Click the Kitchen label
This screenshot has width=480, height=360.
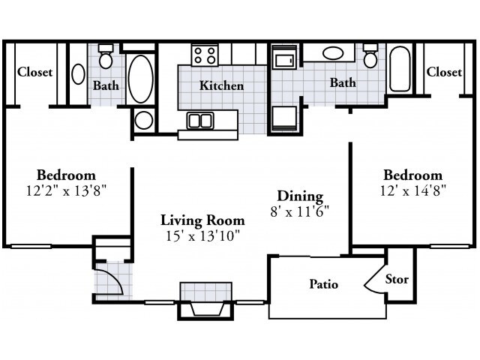(x=222, y=85)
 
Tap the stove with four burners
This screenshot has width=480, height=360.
(x=205, y=55)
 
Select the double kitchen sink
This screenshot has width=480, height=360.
(x=200, y=120)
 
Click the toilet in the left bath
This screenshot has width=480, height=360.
(x=106, y=56)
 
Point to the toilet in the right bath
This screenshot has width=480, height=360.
(x=370, y=55)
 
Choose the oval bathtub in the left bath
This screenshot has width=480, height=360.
(x=140, y=79)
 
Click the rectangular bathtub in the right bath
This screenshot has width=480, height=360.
(x=400, y=69)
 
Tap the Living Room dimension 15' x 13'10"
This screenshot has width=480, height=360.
(x=202, y=236)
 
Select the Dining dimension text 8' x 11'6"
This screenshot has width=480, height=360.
(x=300, y=211)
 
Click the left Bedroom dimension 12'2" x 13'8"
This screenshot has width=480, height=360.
(x=67, y=191)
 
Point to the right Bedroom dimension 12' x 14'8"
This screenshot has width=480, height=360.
(x=412, y=191)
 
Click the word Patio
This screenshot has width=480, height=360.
(x=324, y=284)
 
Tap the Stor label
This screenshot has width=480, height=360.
(x=397, y=279)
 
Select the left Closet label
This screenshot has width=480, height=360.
(x=35, y=72)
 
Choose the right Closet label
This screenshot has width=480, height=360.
(x=444, y=72)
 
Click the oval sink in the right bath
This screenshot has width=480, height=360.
(x=333, y=53)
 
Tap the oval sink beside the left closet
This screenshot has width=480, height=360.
(x=78, y=74)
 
